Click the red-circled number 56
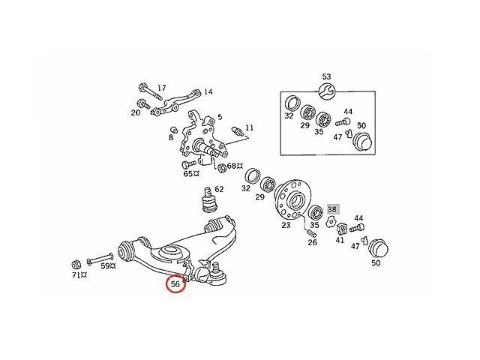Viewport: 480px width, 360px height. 176,284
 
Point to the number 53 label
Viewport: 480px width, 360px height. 326,76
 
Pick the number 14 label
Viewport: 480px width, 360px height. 208,92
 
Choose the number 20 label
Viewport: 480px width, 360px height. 135,113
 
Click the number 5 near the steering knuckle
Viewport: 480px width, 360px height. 219,118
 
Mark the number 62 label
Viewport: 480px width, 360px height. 219,189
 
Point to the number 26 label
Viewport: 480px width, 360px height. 312,241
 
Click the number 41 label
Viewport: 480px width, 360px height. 340,241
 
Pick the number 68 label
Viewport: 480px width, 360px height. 232,166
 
